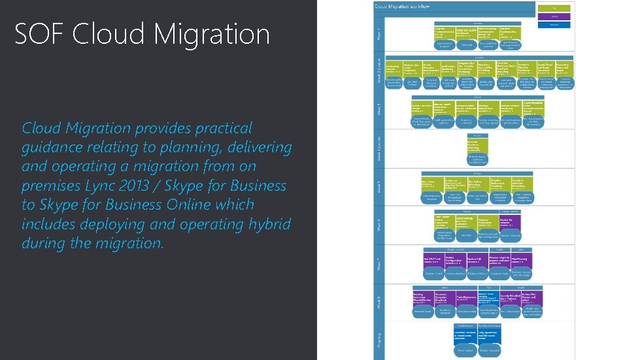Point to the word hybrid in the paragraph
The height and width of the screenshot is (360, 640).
point(267,224)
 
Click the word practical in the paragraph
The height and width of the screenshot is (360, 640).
point(222,127)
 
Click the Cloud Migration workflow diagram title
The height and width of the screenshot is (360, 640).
point(401,6)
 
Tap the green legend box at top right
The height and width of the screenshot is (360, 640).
point(554,8)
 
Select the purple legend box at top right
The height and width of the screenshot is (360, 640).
point(554,16)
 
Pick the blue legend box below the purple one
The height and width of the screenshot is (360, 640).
point(554,25)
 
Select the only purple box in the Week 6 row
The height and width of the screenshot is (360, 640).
point(511,222)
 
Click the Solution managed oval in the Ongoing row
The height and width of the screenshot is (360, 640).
point(490,351)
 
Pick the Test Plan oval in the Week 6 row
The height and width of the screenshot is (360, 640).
point(466,235)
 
